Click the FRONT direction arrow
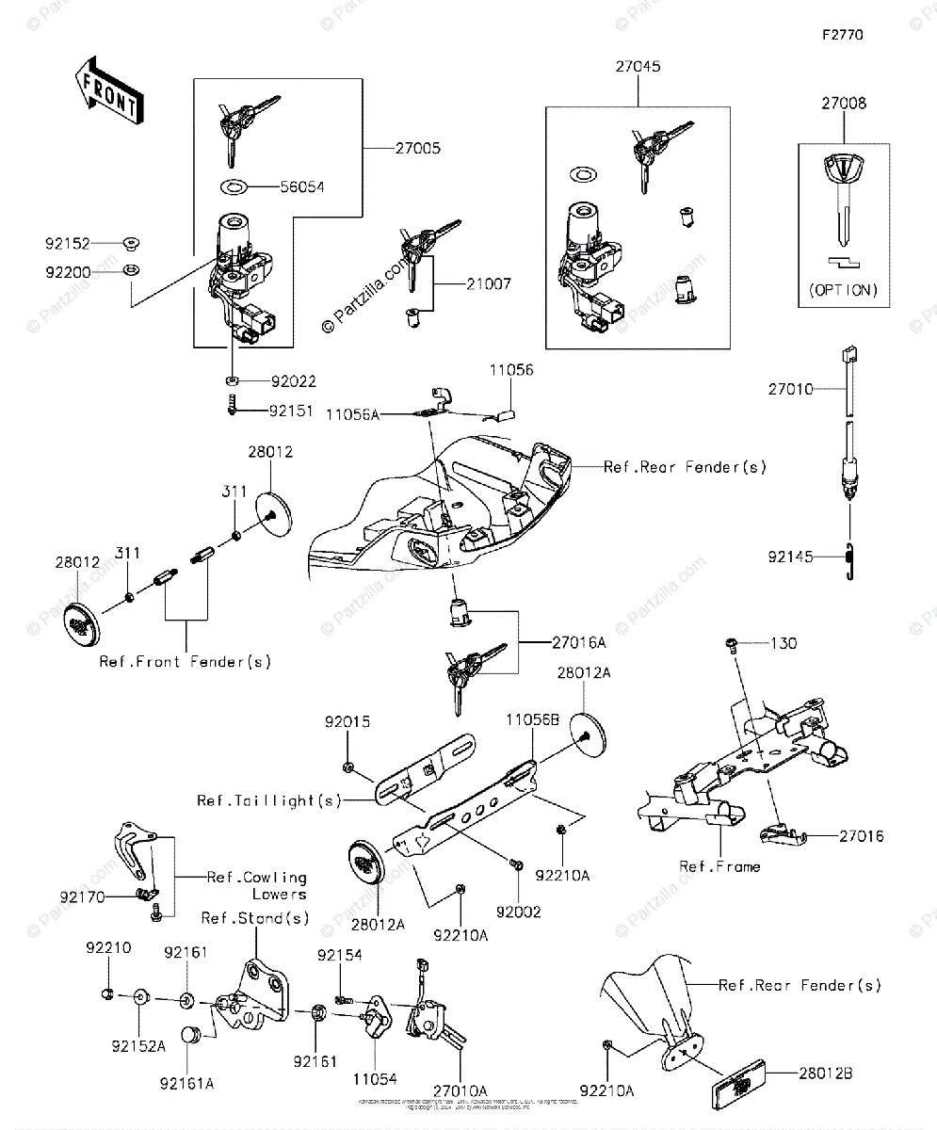tap(106, 90)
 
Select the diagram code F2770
tap(842, 36)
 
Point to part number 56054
tap(301, 186)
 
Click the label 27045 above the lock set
tap(638, 67)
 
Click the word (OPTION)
tap(843, 290)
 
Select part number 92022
tap(293, 381)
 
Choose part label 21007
tap(488, 283)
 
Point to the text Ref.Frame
tap(719, 866)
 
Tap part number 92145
tap(790, 557)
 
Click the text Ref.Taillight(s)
tap(269, 800)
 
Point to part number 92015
tap(347, 723)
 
